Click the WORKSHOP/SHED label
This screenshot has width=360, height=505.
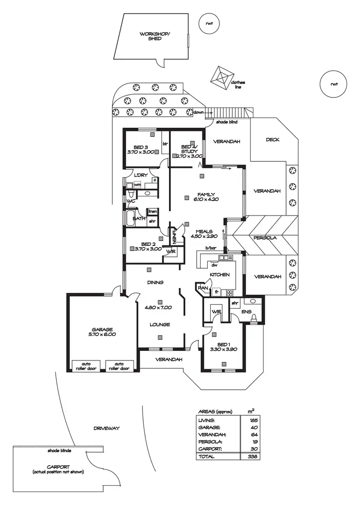tap(151, 36)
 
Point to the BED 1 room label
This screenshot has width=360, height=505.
tap(220, 347)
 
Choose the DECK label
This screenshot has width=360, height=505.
tap(273, 140)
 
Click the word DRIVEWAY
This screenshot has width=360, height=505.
tap(107, 428)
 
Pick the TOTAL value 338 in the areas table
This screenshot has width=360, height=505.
tap(250, 457)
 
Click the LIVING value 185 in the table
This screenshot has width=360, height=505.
tap(250, 420)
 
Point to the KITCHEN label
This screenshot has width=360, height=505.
tap(219, 275)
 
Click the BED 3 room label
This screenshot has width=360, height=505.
tap(140, 149)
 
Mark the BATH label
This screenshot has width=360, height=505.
tap(139, 219)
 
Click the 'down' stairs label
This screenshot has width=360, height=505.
tap(198, 112)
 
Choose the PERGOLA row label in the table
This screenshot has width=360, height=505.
tap(209, 442)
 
